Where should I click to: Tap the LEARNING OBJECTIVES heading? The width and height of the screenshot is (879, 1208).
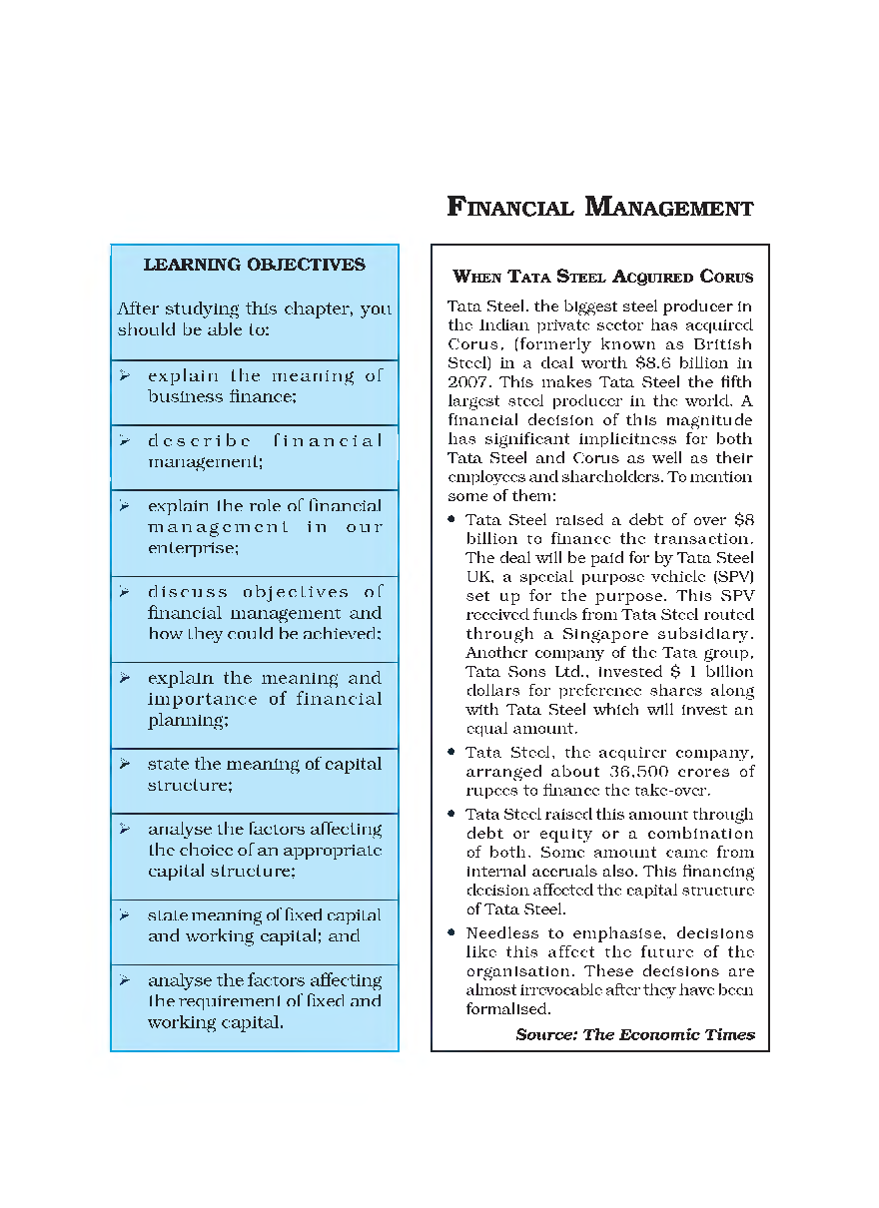tap(255, 265)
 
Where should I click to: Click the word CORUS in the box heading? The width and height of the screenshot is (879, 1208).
tap(726, 277)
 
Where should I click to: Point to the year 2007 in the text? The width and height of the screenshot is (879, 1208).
tap(466, 382)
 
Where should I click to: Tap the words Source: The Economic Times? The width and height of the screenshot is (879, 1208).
tap(635, 1034)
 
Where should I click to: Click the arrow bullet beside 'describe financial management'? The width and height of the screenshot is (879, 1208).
tap(125, 440)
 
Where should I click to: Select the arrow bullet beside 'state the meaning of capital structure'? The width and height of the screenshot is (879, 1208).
tap(125, 764)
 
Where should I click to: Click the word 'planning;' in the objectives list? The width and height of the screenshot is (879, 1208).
tap(188, 720)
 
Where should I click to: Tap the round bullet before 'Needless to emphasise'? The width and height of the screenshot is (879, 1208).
tap(453, 933)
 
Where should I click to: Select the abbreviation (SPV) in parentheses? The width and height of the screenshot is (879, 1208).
tap(731, 577)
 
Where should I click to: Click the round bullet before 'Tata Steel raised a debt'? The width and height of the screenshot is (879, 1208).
tap(453, 520)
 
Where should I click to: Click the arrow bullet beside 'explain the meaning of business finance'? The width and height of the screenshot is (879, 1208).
tap(125, 375)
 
